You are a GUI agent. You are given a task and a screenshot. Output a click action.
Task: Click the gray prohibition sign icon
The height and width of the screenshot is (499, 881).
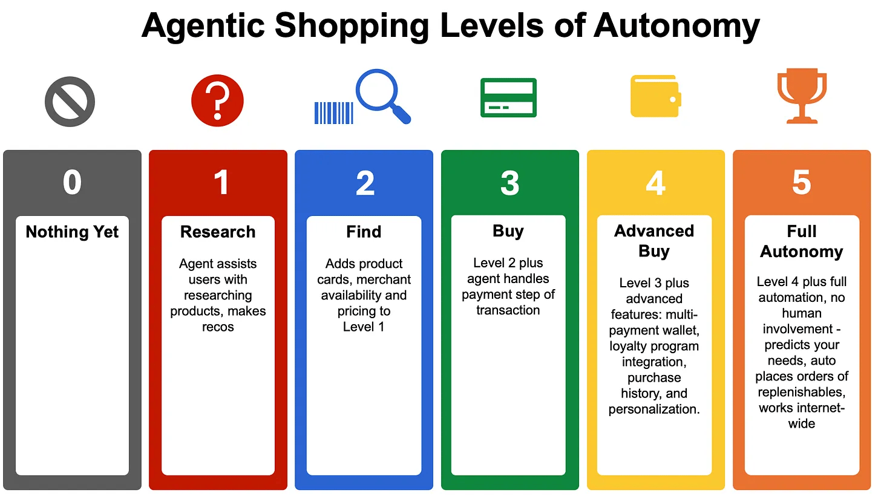point(70,100)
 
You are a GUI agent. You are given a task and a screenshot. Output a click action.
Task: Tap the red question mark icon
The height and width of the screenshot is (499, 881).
point(217,100)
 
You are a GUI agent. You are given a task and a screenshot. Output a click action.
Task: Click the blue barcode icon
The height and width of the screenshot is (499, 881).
point(333,113)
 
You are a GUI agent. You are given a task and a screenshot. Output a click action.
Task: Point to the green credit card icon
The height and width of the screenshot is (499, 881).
point(508,97)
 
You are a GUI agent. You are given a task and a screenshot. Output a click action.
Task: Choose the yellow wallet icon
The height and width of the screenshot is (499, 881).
point(656,96)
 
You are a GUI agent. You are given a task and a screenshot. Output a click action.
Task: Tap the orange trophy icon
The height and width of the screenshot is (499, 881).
point(802,97)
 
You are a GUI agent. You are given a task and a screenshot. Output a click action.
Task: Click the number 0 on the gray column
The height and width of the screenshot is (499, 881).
point(72,183)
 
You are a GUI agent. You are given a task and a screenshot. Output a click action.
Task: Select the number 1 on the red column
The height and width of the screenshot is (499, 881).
point(221,183)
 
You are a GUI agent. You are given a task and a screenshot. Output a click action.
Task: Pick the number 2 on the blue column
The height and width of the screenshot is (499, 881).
point(365,183)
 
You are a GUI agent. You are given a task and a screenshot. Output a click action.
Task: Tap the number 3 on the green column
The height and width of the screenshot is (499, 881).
point(509,183)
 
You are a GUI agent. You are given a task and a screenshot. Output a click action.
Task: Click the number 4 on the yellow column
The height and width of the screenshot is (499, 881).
point(656,183)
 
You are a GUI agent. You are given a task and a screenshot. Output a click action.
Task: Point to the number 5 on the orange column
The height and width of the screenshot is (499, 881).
point(801,183)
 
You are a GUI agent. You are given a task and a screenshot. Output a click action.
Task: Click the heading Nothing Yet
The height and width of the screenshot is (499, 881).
point(72,232)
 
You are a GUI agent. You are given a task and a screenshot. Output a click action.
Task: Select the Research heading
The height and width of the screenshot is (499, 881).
point(218,232)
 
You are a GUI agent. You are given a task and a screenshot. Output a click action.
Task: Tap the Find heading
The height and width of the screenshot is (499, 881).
point(364,232)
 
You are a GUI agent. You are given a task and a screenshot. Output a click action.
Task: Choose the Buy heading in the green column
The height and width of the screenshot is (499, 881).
point(508,231)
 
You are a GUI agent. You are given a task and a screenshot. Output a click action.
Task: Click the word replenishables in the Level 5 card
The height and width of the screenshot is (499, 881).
point(802,392)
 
